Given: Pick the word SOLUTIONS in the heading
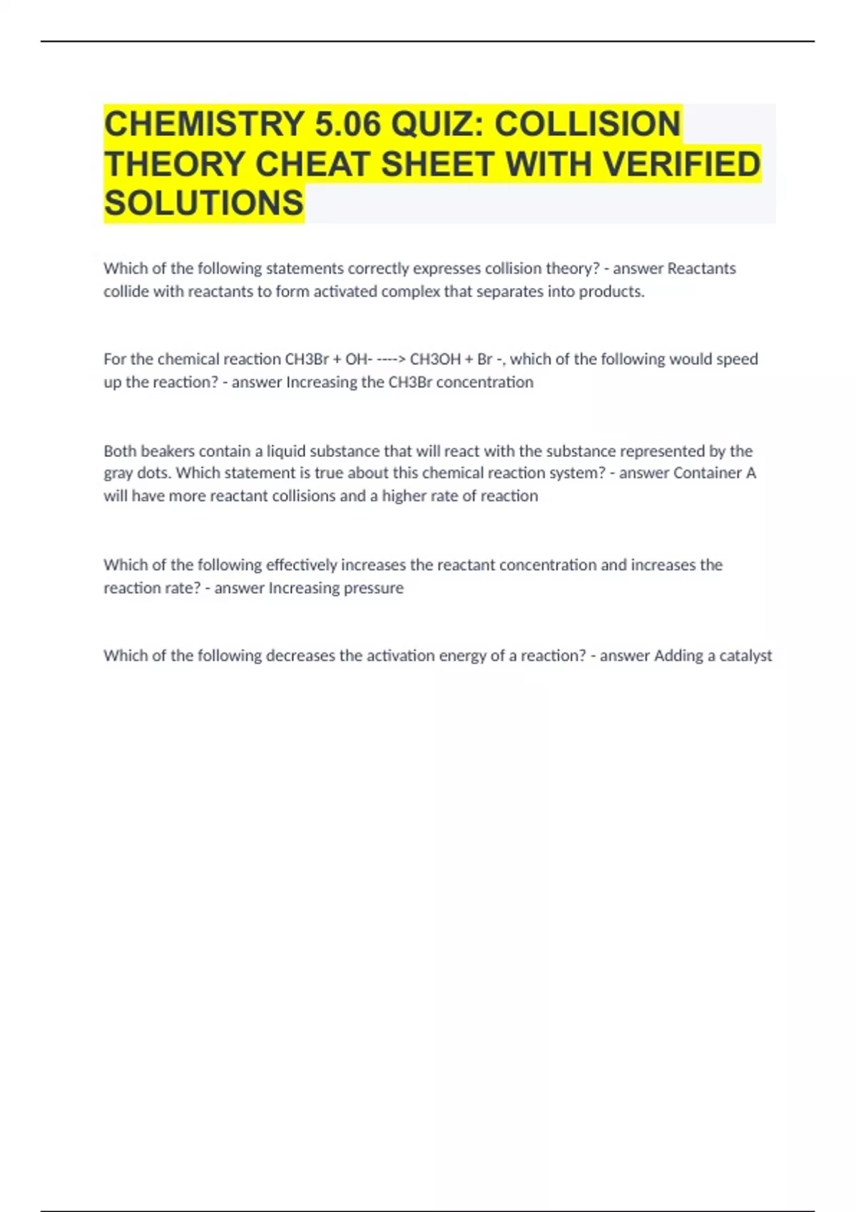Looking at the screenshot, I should tap(204, 203).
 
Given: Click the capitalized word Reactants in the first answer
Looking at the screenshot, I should tap(701, 269).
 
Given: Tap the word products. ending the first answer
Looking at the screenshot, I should tap(611, 292).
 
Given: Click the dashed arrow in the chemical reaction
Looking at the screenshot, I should tap(391, 359).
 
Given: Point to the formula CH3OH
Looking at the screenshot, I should tap(435, 359).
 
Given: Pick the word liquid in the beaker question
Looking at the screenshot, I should tap(285, 451).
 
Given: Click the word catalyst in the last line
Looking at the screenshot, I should tap(745, 656).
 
